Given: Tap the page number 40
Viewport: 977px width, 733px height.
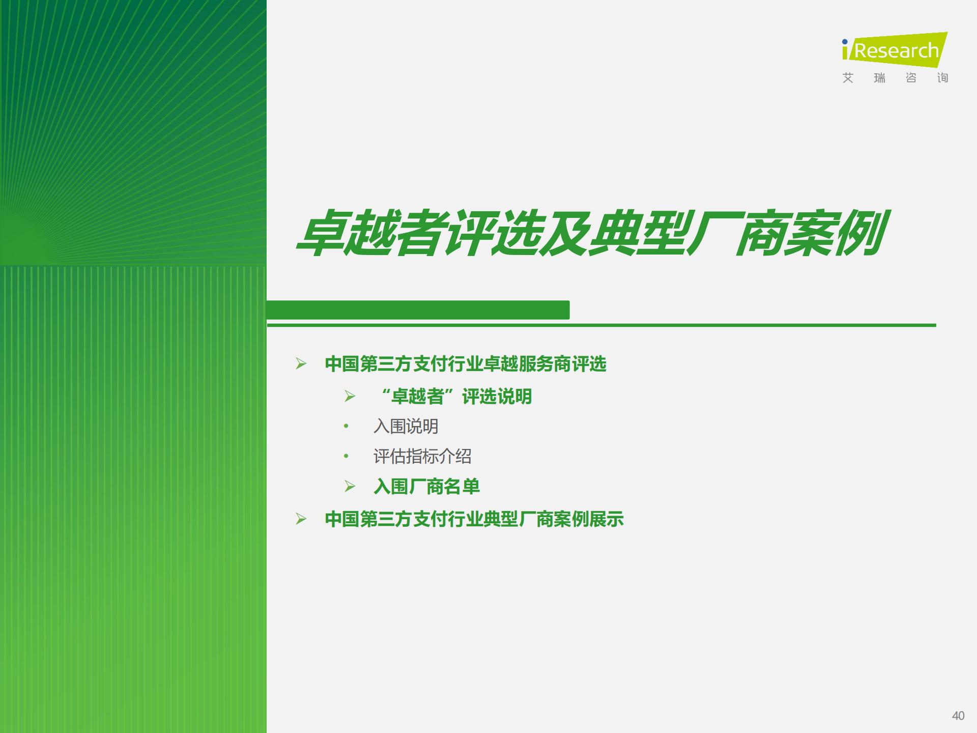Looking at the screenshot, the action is coord(958,716).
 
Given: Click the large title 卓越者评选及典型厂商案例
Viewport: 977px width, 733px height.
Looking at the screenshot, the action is coord(592,233).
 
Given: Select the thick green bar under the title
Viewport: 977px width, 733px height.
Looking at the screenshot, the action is coord(418,309).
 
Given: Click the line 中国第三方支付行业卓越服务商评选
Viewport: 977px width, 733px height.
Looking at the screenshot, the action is coord(466,364).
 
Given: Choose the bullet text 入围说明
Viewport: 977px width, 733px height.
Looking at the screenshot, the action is coord(406,426).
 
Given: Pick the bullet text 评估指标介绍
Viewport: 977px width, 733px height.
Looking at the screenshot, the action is coord(422,456).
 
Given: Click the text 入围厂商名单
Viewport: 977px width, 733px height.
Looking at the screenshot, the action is coord(427,487).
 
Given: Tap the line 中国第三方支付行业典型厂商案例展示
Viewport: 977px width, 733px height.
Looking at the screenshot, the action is coord(474,519).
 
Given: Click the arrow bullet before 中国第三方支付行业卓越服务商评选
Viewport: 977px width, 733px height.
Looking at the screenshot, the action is coord(301,363).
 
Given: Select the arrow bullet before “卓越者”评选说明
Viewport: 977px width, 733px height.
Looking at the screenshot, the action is coord(350,396).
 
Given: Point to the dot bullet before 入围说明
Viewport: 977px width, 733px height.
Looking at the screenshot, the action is coord(346,426).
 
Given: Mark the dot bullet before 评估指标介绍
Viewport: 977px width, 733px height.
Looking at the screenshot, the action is coord(346,456).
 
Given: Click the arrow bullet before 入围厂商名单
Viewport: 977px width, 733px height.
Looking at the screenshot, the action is coord(350,486).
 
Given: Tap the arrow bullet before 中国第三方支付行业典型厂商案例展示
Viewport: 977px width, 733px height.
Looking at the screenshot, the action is coord(301,519).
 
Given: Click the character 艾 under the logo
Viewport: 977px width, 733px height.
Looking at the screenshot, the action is coord(848,78).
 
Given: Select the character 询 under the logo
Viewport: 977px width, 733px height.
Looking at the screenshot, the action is coord(942,78).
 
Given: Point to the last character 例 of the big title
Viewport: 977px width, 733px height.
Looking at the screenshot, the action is coord(861,233).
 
